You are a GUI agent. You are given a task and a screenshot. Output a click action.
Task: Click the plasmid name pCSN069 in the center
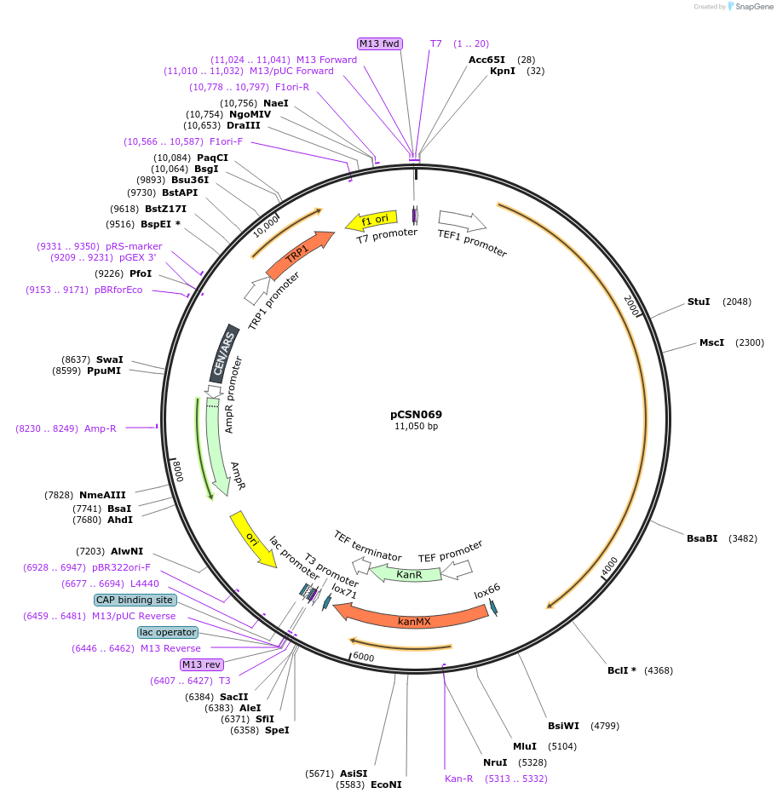pos(416,415)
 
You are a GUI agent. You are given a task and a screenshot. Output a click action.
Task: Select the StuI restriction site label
pos(698,302)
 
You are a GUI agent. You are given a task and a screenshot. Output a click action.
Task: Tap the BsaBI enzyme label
pos(702,537)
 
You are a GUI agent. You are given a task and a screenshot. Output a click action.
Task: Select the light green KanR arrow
pos(407,575)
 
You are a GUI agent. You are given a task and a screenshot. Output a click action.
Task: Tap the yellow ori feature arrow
pos(253,538)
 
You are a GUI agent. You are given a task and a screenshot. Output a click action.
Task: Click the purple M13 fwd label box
pos(379,43)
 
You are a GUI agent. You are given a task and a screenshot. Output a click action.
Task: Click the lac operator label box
pos(167,632)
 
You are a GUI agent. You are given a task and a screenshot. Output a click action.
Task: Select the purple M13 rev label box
pos(201,664)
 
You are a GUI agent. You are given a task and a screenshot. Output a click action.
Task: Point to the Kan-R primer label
pos(458,779)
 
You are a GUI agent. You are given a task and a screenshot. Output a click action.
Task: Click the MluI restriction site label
pos(524,745)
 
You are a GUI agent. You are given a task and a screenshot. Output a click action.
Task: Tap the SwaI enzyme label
pos(109,359)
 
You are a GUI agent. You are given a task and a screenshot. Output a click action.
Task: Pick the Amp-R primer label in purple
pos(100,428)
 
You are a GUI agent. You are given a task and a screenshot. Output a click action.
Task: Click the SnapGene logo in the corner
pos(752,6)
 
